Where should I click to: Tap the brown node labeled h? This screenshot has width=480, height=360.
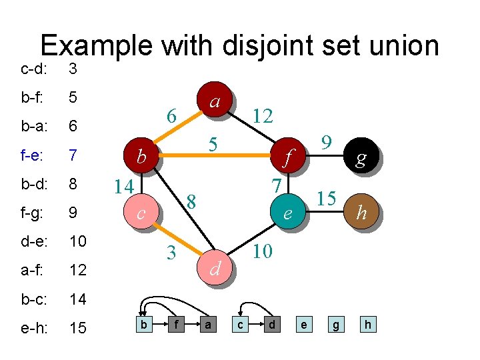tap(361, 211)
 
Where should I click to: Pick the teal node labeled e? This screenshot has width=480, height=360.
tap(287, 213)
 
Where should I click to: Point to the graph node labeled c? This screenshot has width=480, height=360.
tap(141, 213)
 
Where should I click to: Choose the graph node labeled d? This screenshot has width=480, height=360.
tap(215, 267)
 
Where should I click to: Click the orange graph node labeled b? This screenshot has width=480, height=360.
tap(141, 157)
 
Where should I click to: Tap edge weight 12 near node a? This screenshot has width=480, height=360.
tap(263, 116)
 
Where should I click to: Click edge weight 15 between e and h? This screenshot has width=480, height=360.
tap(326, 198)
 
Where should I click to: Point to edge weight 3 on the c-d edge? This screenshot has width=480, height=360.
tap(171, 253)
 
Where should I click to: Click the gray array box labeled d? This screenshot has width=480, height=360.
tap(271, 325)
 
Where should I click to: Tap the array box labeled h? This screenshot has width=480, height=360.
tap(367, 325)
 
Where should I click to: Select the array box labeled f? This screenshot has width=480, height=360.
tap(175, 325)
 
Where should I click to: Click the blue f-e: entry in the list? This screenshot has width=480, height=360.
tap(32, 155)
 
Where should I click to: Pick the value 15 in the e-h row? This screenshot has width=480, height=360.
tap(78, 328)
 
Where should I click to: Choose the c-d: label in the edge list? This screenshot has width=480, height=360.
tap(33, 69)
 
